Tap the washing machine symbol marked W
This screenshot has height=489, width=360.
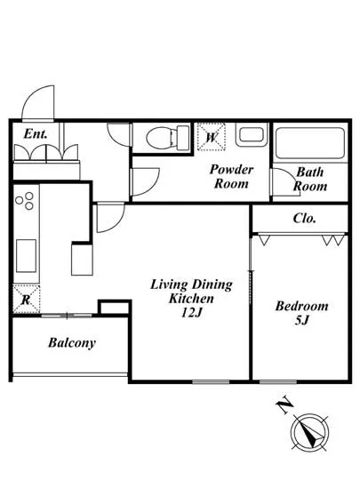212,137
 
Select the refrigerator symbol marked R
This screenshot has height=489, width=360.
27,299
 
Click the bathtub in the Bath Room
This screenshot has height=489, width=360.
310,143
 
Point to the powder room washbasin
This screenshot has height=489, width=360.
252,135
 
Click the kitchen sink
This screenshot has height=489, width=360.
26,256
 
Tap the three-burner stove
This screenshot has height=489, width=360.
25,201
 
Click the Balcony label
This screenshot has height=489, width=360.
72,343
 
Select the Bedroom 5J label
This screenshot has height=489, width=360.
301,313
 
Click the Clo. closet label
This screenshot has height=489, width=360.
305,219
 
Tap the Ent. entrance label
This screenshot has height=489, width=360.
36,133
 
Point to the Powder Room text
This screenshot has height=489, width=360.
231,177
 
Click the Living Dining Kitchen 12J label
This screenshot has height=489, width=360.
191,299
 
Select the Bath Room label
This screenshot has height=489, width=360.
310,179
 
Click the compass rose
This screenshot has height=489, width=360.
310,432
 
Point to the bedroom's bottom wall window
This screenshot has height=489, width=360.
278,381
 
